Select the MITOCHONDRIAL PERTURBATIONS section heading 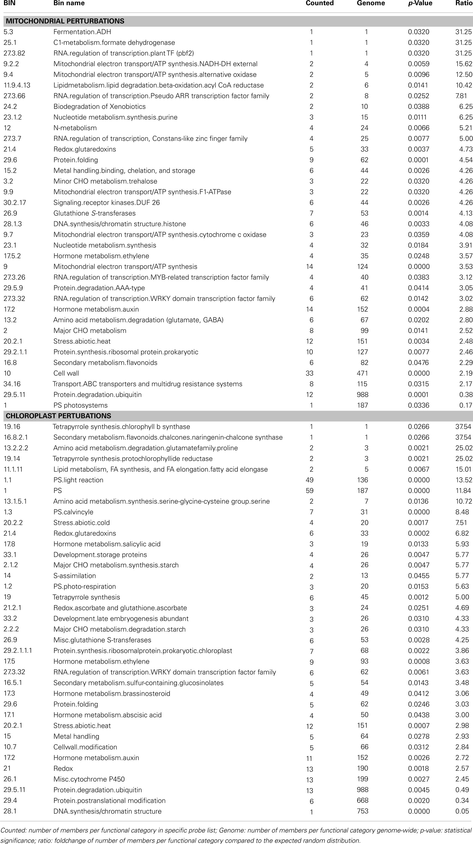(65, 21)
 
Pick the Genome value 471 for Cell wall (362, 373)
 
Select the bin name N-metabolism (75, 128)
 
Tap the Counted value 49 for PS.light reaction (309, 480)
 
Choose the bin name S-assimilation (75, 576)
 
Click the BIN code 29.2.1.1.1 (18, 650)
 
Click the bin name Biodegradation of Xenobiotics (99, 106)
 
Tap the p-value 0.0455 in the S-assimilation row (419, 576)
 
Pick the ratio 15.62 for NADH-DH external (464, 64)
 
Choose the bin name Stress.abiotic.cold (81, 523)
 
